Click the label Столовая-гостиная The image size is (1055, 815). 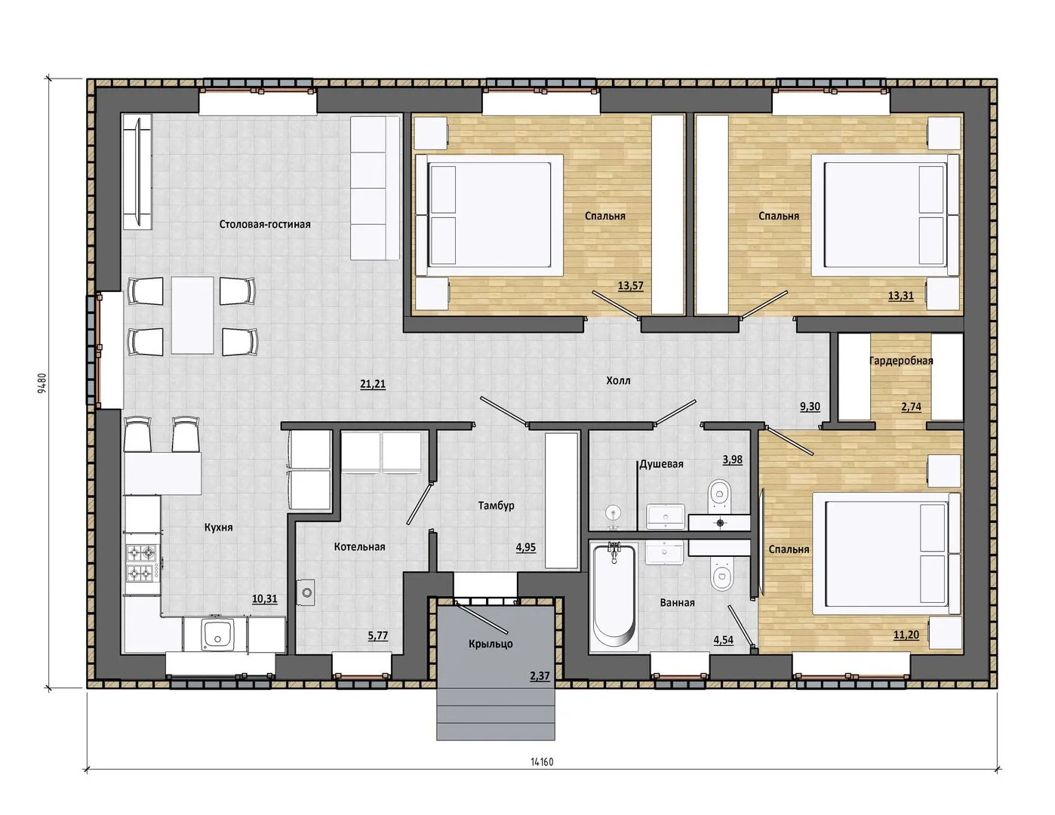pyautogui.click(x=265, y=224)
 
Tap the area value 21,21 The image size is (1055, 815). pyautogui.click(x=373, y=384)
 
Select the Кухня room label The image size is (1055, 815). pyautogui.click(x=219, y=527)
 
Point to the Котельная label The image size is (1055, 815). pyautogui.click(x=359, y=546)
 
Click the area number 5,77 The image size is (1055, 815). pyautogui.click(x=378, y=635)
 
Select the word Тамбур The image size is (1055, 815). pyautogui.click(x=496, y=506)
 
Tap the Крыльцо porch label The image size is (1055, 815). pyautogui.click(x=491, y=644)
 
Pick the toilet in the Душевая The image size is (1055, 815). pyautogui.click(x=719, y=494)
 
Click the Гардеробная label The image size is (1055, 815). pyautogui.click(x=901, y=361)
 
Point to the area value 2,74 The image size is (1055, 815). pyautogui.click(x=911, y=406)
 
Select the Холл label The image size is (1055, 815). pyautogui.click(x=618, y=380)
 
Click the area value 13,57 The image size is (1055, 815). pyautogui.click(x=630, y=285)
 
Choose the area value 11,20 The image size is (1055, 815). pyautogui.click(x=906, y=635)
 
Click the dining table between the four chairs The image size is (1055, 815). pyautogui.click(x=192, y=315)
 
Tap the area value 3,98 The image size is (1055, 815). pyautogui.click(x=732, y=460)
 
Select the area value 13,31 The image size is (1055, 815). pyautogui.click(x=900, y=296)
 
